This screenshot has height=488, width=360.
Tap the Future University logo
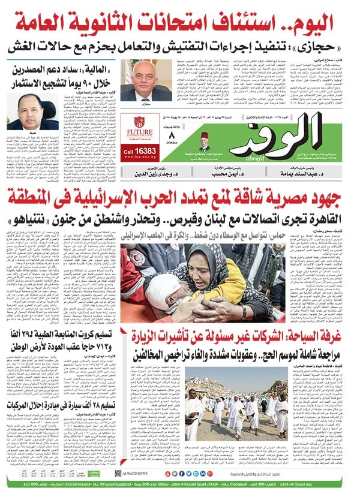click(139, 129)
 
